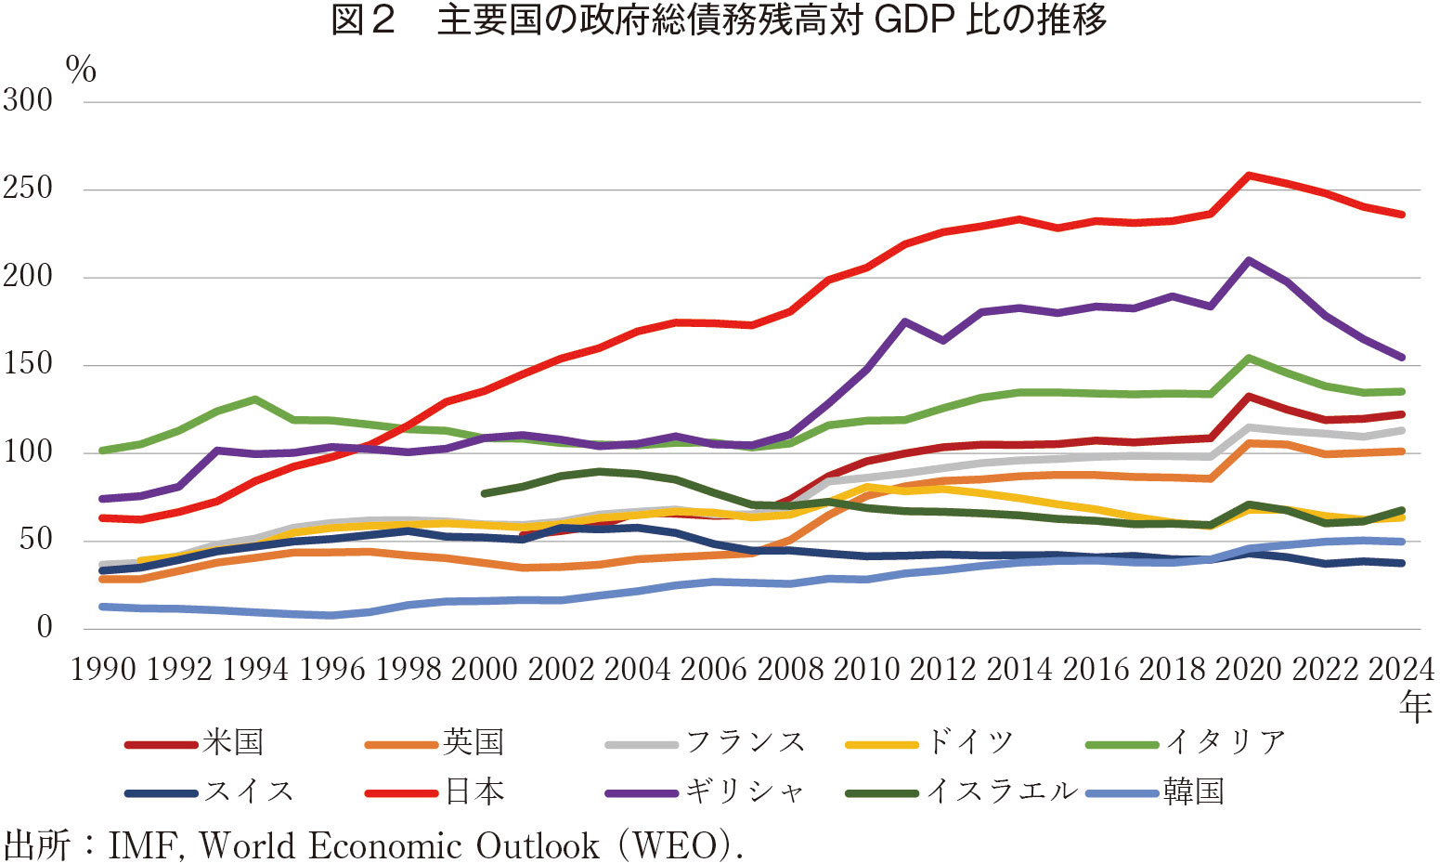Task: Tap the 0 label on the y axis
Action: tap(45, 628)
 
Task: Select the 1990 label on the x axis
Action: tap(103, 669)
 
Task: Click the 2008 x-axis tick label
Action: tap(790, 669)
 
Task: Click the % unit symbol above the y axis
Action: tap(82, 70)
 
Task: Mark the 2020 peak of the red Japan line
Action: tap(1249, 175)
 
